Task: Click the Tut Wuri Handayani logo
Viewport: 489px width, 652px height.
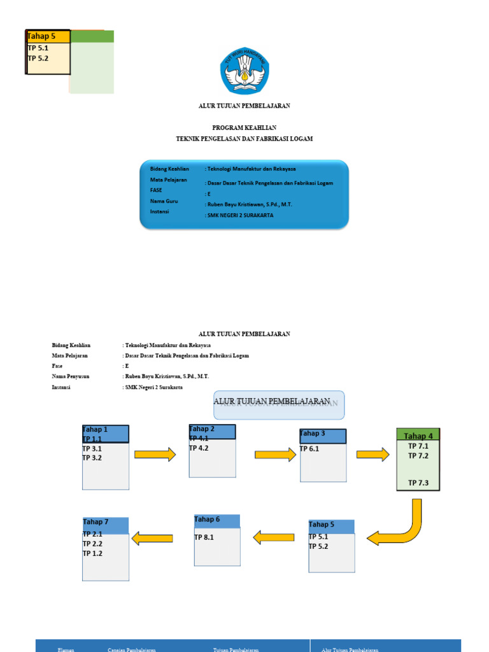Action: pos(244,70)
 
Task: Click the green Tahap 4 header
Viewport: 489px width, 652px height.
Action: pos(418,436)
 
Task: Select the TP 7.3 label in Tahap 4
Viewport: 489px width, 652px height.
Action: pos(418,483)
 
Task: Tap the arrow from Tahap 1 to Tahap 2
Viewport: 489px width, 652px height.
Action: pos(155,454)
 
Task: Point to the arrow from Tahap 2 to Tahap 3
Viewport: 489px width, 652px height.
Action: pos(276,454)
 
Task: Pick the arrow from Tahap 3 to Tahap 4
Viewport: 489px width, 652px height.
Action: pos(372,454)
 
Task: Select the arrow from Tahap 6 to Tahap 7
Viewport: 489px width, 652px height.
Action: pos(152,539)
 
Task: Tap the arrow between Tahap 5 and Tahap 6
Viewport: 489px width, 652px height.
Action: pos(274,537)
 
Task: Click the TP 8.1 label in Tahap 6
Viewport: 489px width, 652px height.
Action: pos(204,537)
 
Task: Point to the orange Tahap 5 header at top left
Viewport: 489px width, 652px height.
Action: pos(48,36)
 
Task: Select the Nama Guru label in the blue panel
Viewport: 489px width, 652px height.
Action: pos(164,201)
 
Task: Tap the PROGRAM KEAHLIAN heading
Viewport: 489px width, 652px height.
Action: pos(244,128)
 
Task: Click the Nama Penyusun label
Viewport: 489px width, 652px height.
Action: pos(71,376)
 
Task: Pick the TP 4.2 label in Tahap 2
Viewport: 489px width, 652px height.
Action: pos(199,448)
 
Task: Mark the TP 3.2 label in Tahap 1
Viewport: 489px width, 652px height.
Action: pos(92,458)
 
